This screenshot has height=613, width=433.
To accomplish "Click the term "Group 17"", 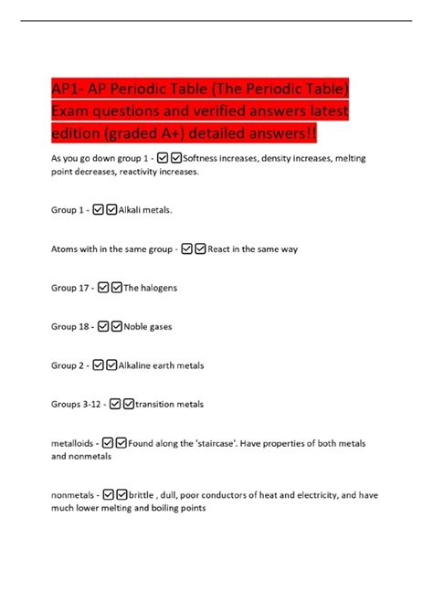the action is (69, 288).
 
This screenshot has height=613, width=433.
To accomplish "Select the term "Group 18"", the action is (69, 326).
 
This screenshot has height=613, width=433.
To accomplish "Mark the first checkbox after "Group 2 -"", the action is (97, 365).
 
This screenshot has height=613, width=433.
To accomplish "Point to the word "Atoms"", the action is (66, 248).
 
